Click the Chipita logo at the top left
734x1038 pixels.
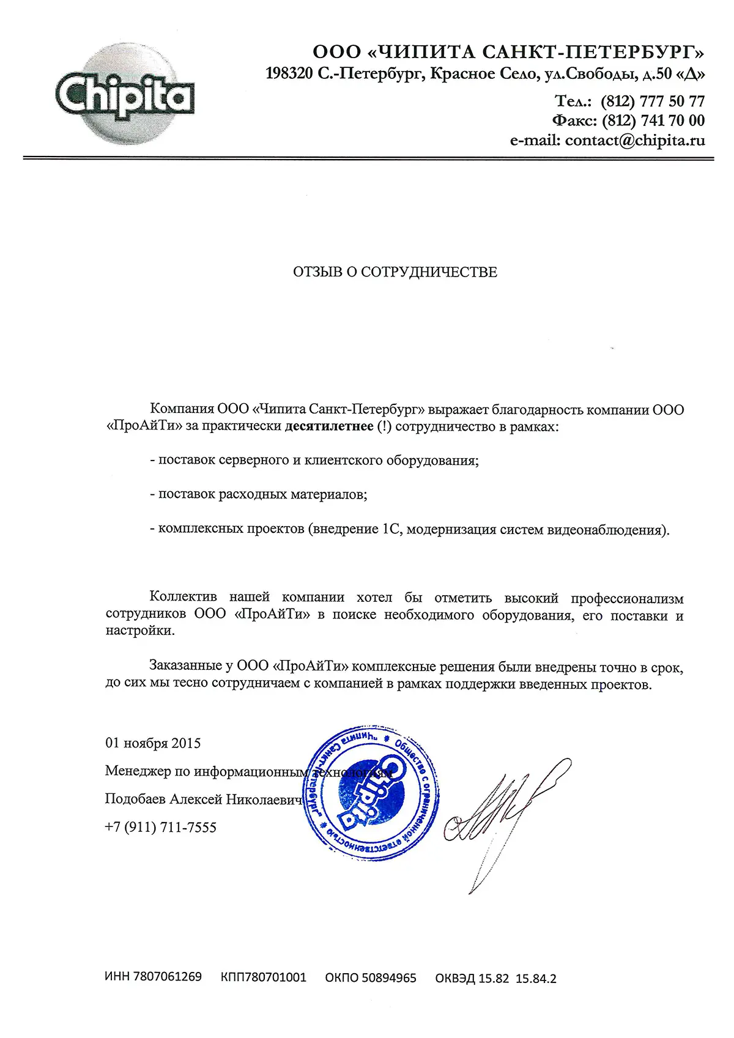(125, 95)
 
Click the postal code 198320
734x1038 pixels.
(288, 74)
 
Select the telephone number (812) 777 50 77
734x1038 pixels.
(653, 101)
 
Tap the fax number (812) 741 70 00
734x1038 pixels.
(653, 120)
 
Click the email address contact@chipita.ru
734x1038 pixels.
(635, 141)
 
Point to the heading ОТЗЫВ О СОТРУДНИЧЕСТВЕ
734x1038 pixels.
(395, 272)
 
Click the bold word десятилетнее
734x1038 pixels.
(329, 426)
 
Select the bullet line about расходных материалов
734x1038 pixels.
(259, 494)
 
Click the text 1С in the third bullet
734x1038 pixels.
(391, 529)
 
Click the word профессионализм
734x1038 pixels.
(627, 598)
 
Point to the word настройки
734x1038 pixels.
(140, 631)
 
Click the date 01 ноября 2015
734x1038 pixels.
(153, 743)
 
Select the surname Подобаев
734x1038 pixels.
(135, 799)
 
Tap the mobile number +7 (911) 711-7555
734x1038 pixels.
(161, 828)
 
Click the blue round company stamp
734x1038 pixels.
(371, 793)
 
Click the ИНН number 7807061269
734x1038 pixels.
(167, 977)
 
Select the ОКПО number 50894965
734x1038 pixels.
(388, 978)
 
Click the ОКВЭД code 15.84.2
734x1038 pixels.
(536, 979)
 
